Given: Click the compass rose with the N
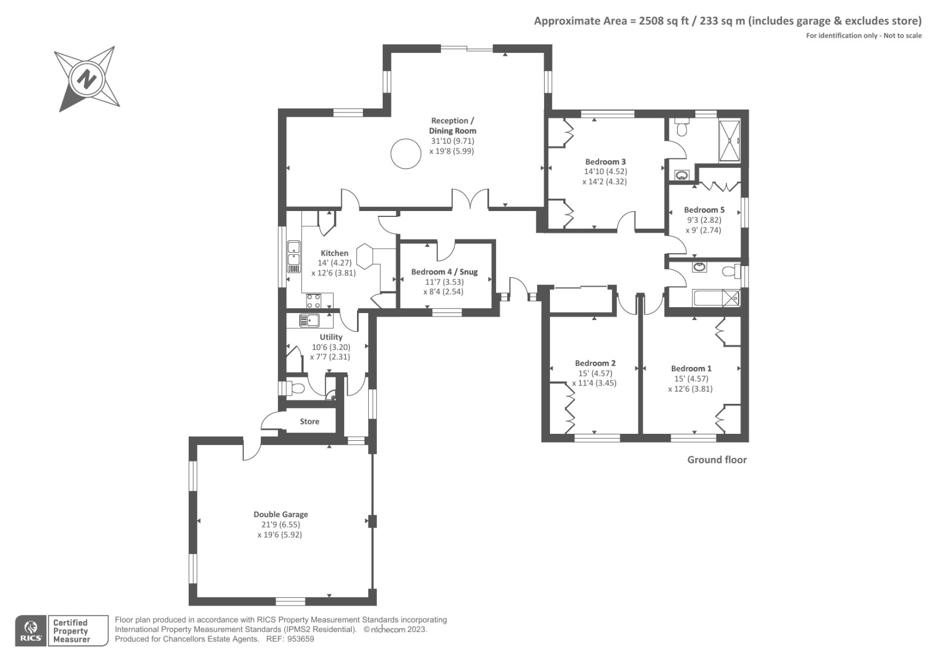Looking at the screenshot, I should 87,79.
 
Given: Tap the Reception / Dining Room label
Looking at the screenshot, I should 453,125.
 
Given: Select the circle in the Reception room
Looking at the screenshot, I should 406,154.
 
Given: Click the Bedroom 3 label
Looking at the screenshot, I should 605,162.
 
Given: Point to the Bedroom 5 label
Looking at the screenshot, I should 704,210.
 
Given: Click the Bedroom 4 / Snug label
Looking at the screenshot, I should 444,272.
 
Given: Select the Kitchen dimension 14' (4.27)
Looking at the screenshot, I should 335,263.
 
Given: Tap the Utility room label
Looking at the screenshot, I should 331,337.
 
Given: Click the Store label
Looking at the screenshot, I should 310,421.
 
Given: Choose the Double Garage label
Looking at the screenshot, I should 280,514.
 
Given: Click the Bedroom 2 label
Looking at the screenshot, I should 595,363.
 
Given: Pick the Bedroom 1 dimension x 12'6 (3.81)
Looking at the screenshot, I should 690,389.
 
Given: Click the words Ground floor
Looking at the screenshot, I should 716,460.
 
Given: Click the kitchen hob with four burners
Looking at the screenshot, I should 314,301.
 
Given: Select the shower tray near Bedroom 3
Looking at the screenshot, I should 729,141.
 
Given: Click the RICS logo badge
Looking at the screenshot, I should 30,631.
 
